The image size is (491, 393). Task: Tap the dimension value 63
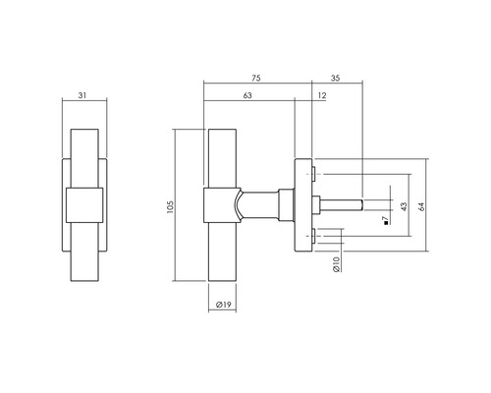248,94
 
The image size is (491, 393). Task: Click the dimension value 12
322,94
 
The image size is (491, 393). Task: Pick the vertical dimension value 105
170,207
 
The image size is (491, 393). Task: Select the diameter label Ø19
219,306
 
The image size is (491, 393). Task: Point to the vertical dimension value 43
404,206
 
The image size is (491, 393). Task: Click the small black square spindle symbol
387,221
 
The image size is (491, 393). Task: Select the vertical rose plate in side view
300,206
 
